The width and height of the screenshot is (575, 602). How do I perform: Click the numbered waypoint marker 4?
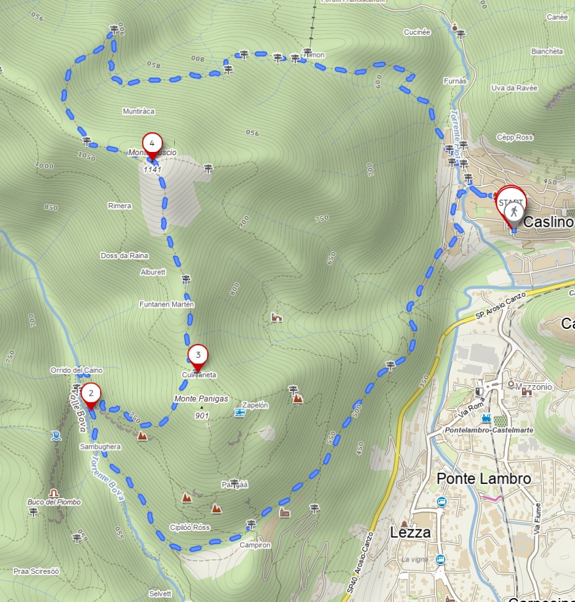152,143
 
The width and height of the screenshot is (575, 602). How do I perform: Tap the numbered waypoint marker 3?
198,354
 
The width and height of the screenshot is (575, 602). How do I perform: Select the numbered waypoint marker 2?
91,394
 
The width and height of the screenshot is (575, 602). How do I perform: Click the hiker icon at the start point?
514,211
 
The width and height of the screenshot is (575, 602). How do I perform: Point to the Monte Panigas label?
201,398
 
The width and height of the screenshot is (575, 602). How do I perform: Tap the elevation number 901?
202,415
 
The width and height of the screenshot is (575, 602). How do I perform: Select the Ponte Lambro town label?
484,478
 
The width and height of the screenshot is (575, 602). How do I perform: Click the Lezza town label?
411,532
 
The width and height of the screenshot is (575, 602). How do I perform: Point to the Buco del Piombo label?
54,502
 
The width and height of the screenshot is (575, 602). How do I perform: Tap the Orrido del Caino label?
76,370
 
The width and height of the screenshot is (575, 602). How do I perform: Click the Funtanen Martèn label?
166,305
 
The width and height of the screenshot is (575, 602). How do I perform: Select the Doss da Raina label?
124,255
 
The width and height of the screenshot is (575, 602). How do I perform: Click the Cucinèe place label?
417,31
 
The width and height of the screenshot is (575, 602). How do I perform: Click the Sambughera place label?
100,446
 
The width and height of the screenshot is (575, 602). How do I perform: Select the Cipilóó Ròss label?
190,527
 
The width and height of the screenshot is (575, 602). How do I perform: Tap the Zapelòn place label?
255,405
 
